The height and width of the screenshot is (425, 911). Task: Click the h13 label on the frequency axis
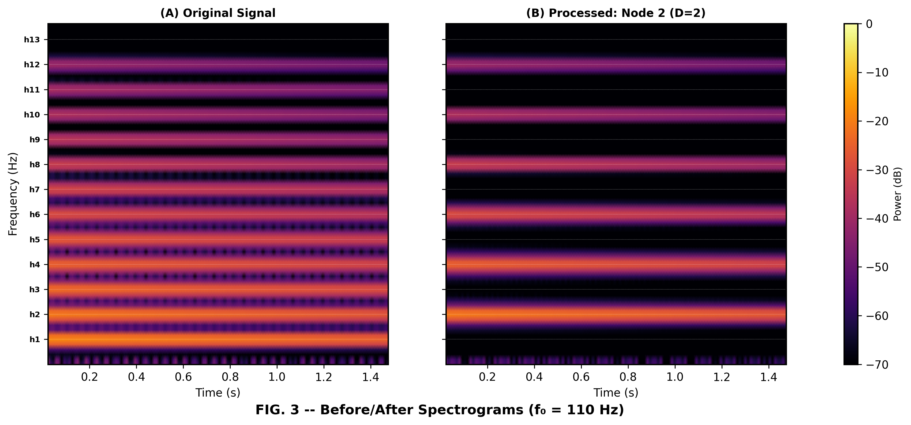tap(32, 40)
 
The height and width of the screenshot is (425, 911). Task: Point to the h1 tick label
tap(34, 340)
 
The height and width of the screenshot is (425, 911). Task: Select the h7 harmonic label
tap(34, 190)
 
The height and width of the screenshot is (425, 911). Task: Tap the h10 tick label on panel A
tap(32, 115)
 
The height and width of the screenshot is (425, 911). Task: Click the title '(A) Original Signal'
tap(218, 13)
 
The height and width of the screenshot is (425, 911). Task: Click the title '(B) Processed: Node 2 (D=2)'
tap(616, 13)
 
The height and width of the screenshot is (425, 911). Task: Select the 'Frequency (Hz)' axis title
tap(13, 194)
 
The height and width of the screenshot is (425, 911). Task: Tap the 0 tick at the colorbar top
tap(869, 24)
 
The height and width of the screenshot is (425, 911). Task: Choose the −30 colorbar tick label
tap(877, 170)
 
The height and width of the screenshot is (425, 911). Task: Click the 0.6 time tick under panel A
tap(183, 377)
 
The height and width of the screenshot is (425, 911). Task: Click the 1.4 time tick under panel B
tap(768, 377)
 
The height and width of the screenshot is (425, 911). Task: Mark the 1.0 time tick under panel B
tap(675, 377)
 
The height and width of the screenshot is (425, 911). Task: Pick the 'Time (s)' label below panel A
tap(218, 393)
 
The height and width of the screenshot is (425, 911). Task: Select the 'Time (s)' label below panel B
tap(616, 393)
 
